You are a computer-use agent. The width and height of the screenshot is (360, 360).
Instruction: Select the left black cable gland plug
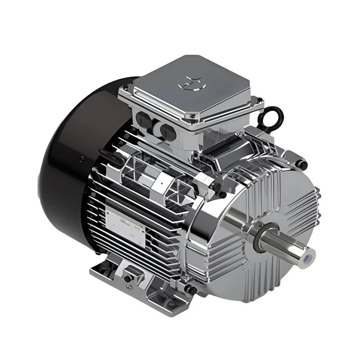(x=143, y=119)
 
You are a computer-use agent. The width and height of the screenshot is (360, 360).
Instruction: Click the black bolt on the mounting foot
(x=130, y=278)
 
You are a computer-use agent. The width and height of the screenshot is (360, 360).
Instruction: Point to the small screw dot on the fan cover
(x=81, y=158)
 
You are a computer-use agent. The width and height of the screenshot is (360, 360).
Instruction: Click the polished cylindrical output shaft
(x=288, y=247)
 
